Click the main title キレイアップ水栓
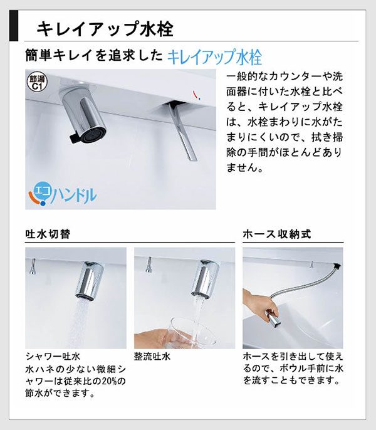point(105,29)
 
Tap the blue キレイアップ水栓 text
point(214,57)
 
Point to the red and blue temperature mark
point(196,95)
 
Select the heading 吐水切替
point(48,234)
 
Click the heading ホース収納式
point(277,234)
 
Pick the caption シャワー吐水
point(53,356)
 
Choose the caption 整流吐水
point(152,357)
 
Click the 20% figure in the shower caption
point(103,381)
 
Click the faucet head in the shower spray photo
point(90,280)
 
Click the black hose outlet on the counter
point(337,266)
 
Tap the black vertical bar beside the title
point(14,26)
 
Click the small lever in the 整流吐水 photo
point(149,265)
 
